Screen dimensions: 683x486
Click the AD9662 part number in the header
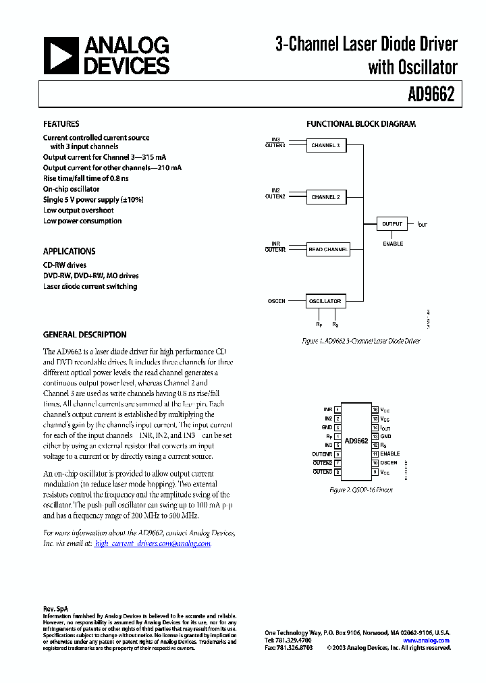coord(431,95)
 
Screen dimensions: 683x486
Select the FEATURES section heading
coord(61,124)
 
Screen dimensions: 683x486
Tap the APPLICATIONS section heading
coord(70,251)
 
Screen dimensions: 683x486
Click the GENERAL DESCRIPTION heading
coord(85,335)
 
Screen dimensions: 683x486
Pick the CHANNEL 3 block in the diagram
coord(325,145)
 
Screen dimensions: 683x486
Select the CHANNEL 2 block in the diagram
coord(325,197)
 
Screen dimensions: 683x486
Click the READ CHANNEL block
coord(328,249)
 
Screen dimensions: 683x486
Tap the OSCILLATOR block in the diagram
coord(325,301)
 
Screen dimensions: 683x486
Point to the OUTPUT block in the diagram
coord(391,223)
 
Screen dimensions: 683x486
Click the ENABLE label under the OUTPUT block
coord(393,244)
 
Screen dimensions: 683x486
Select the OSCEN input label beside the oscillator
coord(277,301)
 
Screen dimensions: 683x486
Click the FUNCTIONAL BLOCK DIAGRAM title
coord(361,124)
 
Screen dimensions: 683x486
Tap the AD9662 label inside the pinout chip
coord(356,441)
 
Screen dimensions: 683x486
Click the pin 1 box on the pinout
coord(337,410)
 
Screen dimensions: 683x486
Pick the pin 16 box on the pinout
coord(375,410)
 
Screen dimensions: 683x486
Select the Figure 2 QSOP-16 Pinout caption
coord(360,490)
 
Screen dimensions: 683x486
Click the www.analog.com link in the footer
coord(427,640)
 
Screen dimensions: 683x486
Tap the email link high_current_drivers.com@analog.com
coord(153,543)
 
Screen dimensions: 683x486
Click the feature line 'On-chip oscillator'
coord(72,189)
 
